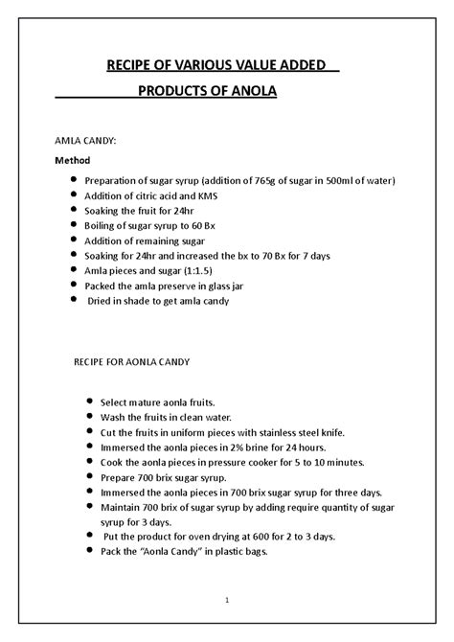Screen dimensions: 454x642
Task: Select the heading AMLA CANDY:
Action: tap(83, 140)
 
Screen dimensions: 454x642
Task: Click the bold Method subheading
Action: tap(74, 160)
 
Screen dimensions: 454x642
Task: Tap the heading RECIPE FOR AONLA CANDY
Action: tap(132, 363)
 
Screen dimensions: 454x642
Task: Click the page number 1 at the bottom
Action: tap(226, 600)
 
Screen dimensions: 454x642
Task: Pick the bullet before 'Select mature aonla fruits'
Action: tap(89, 402)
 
